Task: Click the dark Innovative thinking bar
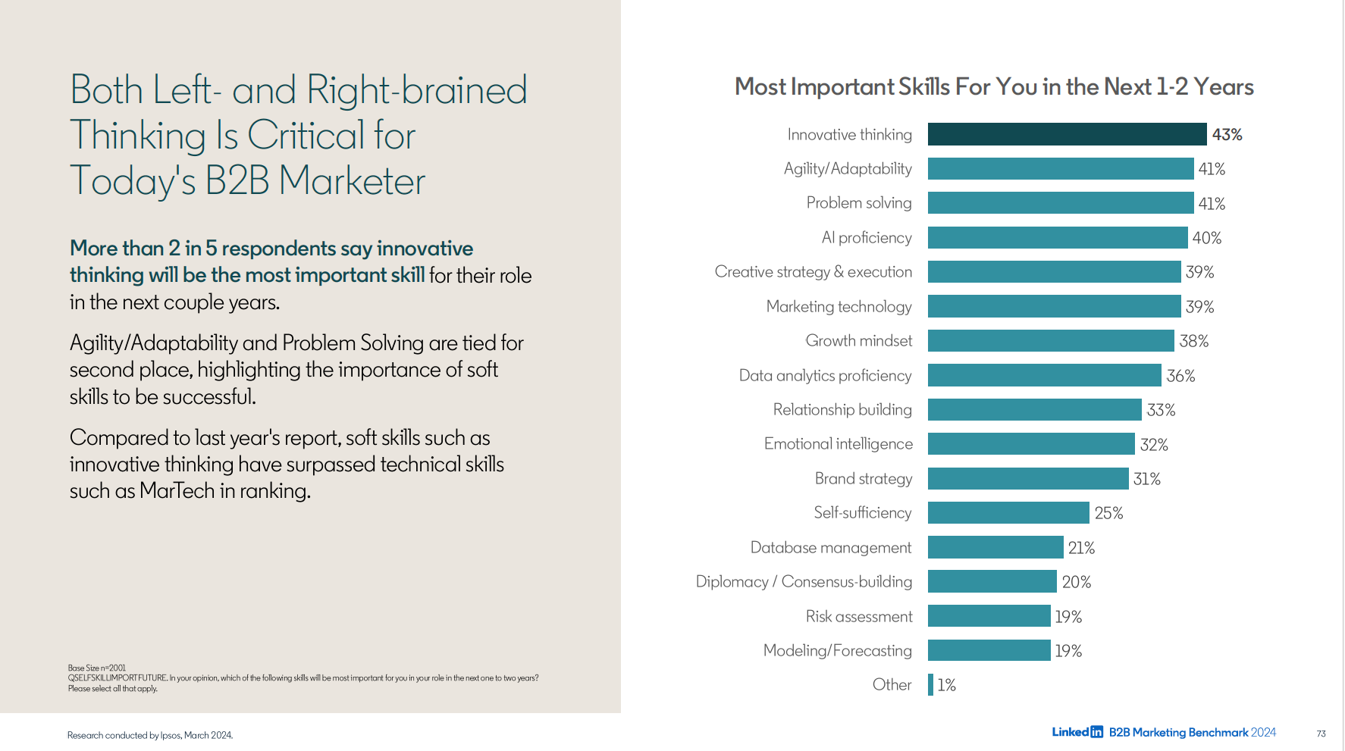1067,134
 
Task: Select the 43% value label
1227,135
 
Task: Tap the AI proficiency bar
1057,237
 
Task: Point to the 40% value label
1206,238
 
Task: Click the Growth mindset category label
858,341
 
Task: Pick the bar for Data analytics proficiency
1044,375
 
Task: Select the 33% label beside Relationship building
1161,410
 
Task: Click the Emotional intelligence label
838,444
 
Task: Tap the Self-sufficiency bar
1008,513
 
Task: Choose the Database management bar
995,547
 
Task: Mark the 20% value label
1076,582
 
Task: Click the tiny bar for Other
930,685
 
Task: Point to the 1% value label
946,685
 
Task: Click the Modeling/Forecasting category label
837,651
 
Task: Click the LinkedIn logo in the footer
1077,732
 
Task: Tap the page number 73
1321,734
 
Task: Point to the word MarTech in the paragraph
177,491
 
